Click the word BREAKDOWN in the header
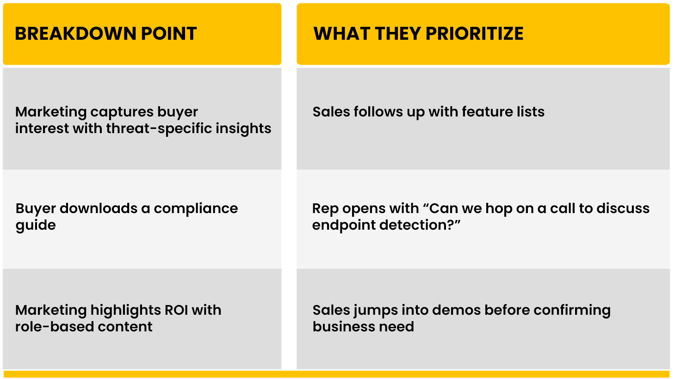pyautogui.click(x=75, y=33)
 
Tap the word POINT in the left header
pyautogui.click(x=169, y=33)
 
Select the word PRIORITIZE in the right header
pyautogui.click(x=475, y=33)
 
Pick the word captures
pyautogui.click(x=122, y=112)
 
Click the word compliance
pyautogui.click(x=196, y=209)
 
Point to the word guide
pyautogui.click(x=36, y=226)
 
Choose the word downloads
pyautogui.click(x=99, y=208)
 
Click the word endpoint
pyautogui.click(x=344, y=226)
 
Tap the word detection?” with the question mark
pyautogui.click(x=420, y=225)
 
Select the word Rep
pyautogui.click(x=325, y=209)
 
